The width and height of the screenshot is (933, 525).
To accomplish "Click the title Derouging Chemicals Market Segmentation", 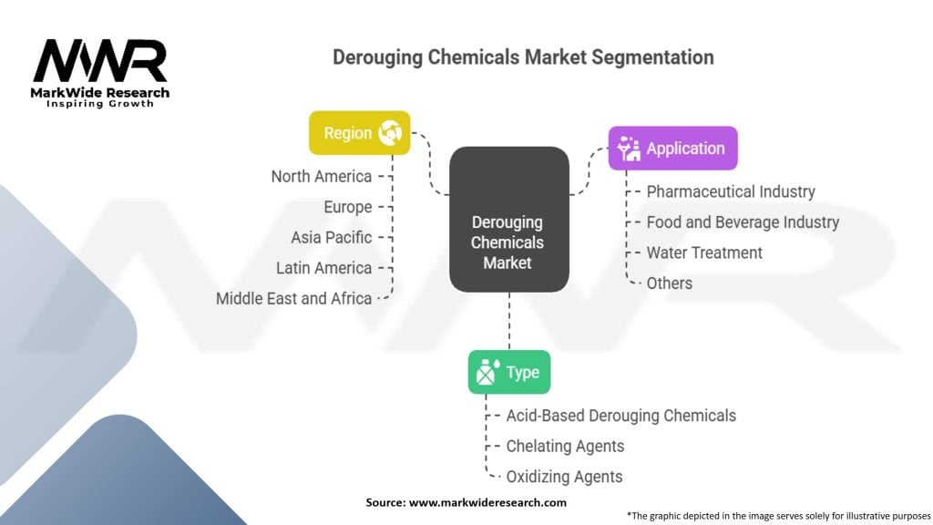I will coord(522,57).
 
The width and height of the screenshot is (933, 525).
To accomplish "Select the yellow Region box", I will coord(359,133).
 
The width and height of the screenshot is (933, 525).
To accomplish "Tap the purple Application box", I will coord(672,149).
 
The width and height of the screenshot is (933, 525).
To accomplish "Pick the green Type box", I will coord(508,372).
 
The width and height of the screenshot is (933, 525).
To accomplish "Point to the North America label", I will coord(322,176).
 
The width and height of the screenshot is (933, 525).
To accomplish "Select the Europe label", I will coord(347,207).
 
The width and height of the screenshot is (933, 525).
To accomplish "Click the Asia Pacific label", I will coord(332,237).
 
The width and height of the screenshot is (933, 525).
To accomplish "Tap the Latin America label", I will coord(324,268).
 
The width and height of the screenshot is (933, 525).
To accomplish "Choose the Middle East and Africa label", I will coord(293,298).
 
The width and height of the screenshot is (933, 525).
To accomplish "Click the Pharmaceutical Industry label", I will coord(731,191).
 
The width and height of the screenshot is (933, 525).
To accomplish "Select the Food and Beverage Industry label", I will coord(743,221).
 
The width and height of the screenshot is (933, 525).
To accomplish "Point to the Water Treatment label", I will coord(704,252).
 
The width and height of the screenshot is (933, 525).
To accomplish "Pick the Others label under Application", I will coord(670,283).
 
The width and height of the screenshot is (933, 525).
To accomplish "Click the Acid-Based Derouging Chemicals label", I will coord(621,416).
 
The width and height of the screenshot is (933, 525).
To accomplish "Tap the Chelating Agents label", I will coord(566,446).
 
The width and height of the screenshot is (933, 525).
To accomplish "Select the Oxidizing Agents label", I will coord(565,476).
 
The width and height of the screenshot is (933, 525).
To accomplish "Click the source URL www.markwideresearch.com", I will coord(487,502).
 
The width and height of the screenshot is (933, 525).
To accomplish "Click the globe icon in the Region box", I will coord(390,133).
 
